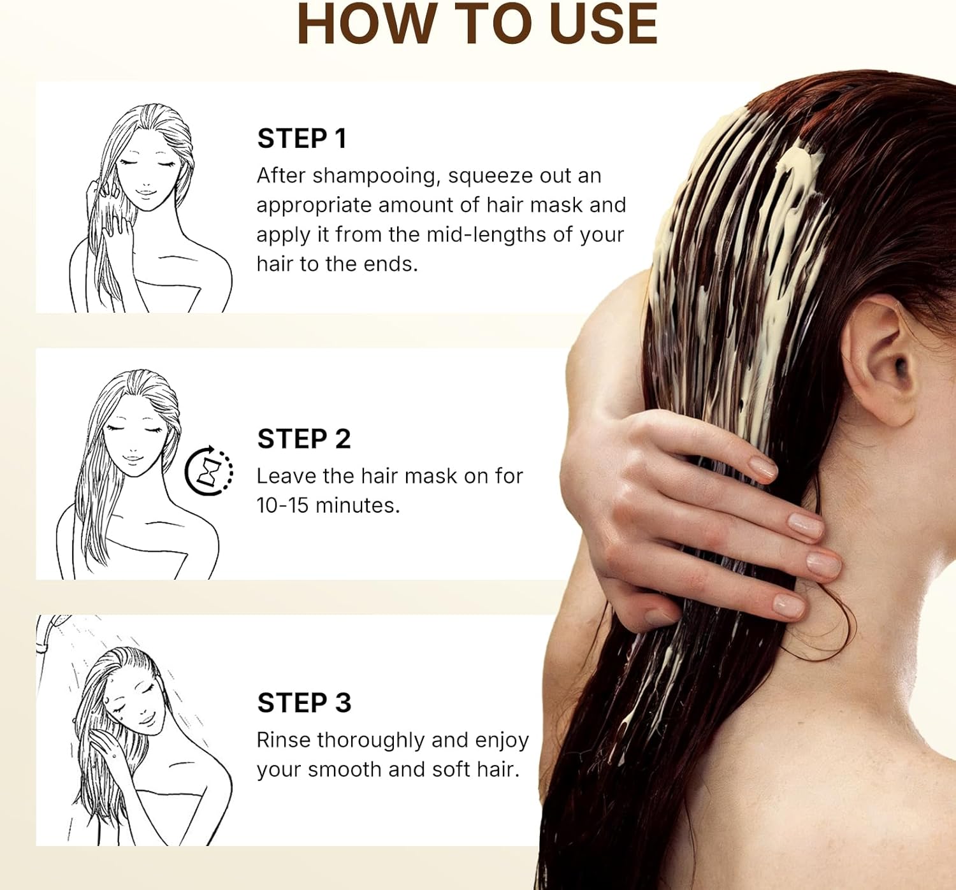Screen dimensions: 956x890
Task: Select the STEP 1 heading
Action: click(x=302, y=139)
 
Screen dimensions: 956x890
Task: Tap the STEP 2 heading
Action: click(x=304, y=438)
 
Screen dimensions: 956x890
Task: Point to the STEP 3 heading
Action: click(x=304, y=702)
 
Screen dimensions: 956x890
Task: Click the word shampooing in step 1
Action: click(x=377, y=176)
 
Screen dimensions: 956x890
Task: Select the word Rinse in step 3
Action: click(x=284, y=740)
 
